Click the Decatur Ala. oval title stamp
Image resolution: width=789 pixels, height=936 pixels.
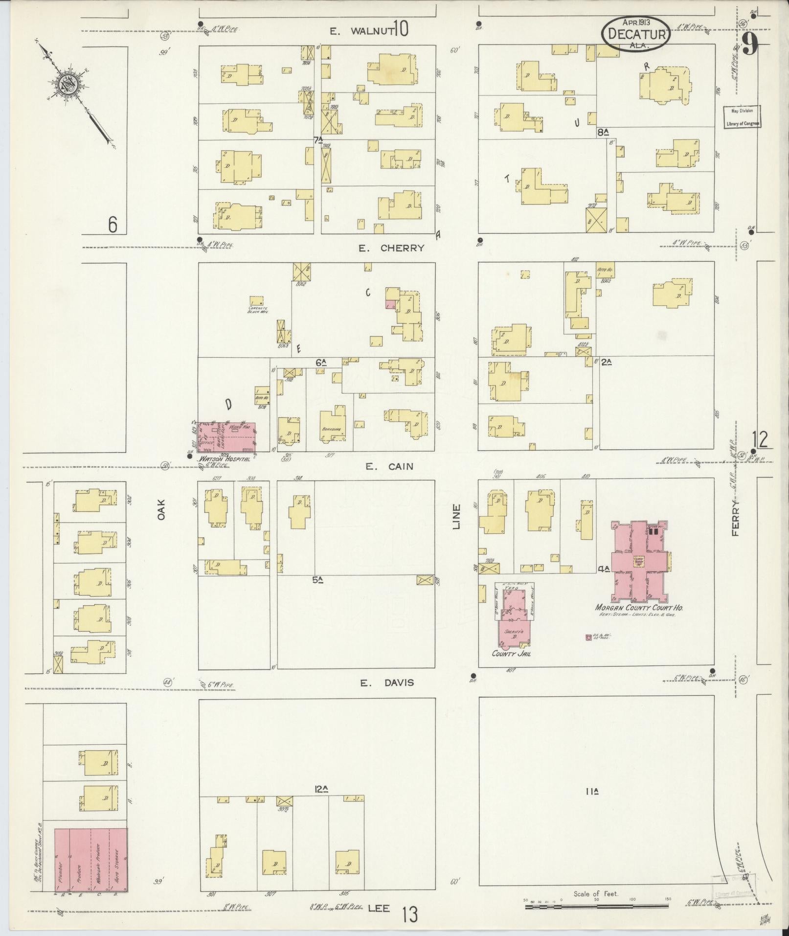pos(635,34)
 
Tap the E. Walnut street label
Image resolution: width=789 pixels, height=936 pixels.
pos(361,31)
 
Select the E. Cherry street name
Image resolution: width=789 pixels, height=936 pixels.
pos(391,248)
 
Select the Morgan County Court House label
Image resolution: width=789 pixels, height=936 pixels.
pos(639,607)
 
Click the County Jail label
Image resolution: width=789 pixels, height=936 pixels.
pos(511,653)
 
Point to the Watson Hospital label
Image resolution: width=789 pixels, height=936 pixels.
pos(224,459)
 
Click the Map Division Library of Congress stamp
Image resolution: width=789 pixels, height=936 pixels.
pos(742,117)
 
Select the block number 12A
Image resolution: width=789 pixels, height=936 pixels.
pos(321,789)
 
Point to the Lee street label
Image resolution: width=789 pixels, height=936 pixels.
pos(379,908)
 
